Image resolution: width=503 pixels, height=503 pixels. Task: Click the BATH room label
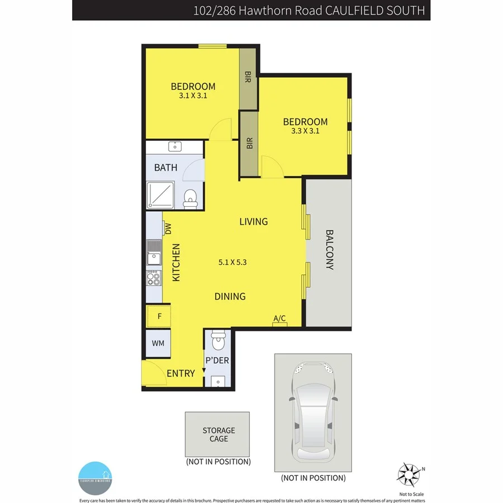[x=165, y=167]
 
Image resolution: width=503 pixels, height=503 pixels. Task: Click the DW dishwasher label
[x=167, y=228]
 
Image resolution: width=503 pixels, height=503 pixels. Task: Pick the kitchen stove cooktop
[x=154, y=278]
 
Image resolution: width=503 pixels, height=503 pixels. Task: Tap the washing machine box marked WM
[x=158, y=343]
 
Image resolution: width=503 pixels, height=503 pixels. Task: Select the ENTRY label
[x=181, y=373]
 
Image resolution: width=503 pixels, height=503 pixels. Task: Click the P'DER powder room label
[x=217, y=360]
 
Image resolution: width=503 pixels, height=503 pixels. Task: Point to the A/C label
[x=279, y=319]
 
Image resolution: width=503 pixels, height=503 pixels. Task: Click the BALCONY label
[x=329, y=250]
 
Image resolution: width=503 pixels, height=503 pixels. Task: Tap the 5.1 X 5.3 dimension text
[x=232, y=261]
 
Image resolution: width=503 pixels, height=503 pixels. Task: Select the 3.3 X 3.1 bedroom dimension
[x=305, y=131]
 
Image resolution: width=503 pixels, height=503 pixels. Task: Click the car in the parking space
[x=313, y=411]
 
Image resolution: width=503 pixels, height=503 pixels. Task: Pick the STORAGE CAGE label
[x=219, y=434]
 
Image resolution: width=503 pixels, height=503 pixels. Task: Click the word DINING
[x=230, y=296]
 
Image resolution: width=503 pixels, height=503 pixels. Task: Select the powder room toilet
[x=217, y=340]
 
